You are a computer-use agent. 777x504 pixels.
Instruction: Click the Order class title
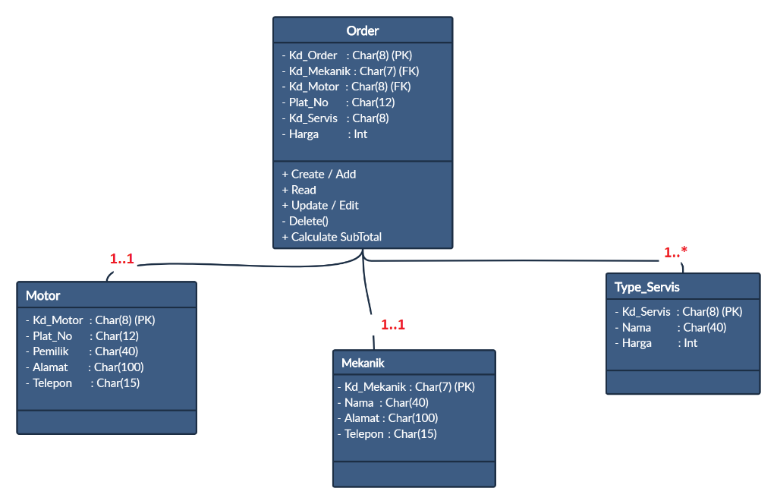(362, 31)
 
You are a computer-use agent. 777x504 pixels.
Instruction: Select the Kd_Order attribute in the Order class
(347, 55)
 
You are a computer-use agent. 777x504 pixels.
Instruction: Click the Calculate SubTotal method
(332, 237)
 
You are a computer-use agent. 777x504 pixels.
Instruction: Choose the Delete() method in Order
(305, 221)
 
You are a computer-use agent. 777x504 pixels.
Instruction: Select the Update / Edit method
(320, 206)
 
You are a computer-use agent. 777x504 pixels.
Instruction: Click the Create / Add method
(319, 174)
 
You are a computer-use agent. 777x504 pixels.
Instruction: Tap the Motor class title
(42, 295)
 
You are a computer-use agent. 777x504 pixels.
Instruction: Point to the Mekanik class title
(363, 363)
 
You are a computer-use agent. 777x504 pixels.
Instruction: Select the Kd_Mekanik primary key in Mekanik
(410, 387)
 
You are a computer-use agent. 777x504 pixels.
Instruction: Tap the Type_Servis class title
(647, 287)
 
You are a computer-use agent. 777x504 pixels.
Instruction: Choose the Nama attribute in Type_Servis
(670, 327)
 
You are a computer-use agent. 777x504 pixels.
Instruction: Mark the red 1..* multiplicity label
(675, 253)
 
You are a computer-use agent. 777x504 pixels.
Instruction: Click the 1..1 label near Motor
(121, 259)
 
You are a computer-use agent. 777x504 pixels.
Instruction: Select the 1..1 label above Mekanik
(393, 325)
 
